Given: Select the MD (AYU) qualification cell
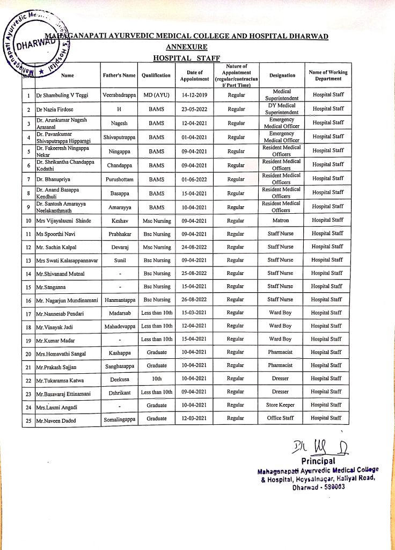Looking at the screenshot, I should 156,95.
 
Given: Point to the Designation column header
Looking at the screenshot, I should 282,76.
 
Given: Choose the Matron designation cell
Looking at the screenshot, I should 282,220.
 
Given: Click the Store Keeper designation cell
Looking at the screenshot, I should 282,405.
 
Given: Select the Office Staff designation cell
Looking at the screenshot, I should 282,418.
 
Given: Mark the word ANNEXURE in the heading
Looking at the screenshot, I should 186,47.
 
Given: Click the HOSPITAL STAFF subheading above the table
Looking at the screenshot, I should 186,57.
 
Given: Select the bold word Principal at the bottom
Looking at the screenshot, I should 318,461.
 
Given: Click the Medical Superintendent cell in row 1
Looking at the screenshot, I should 282,95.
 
